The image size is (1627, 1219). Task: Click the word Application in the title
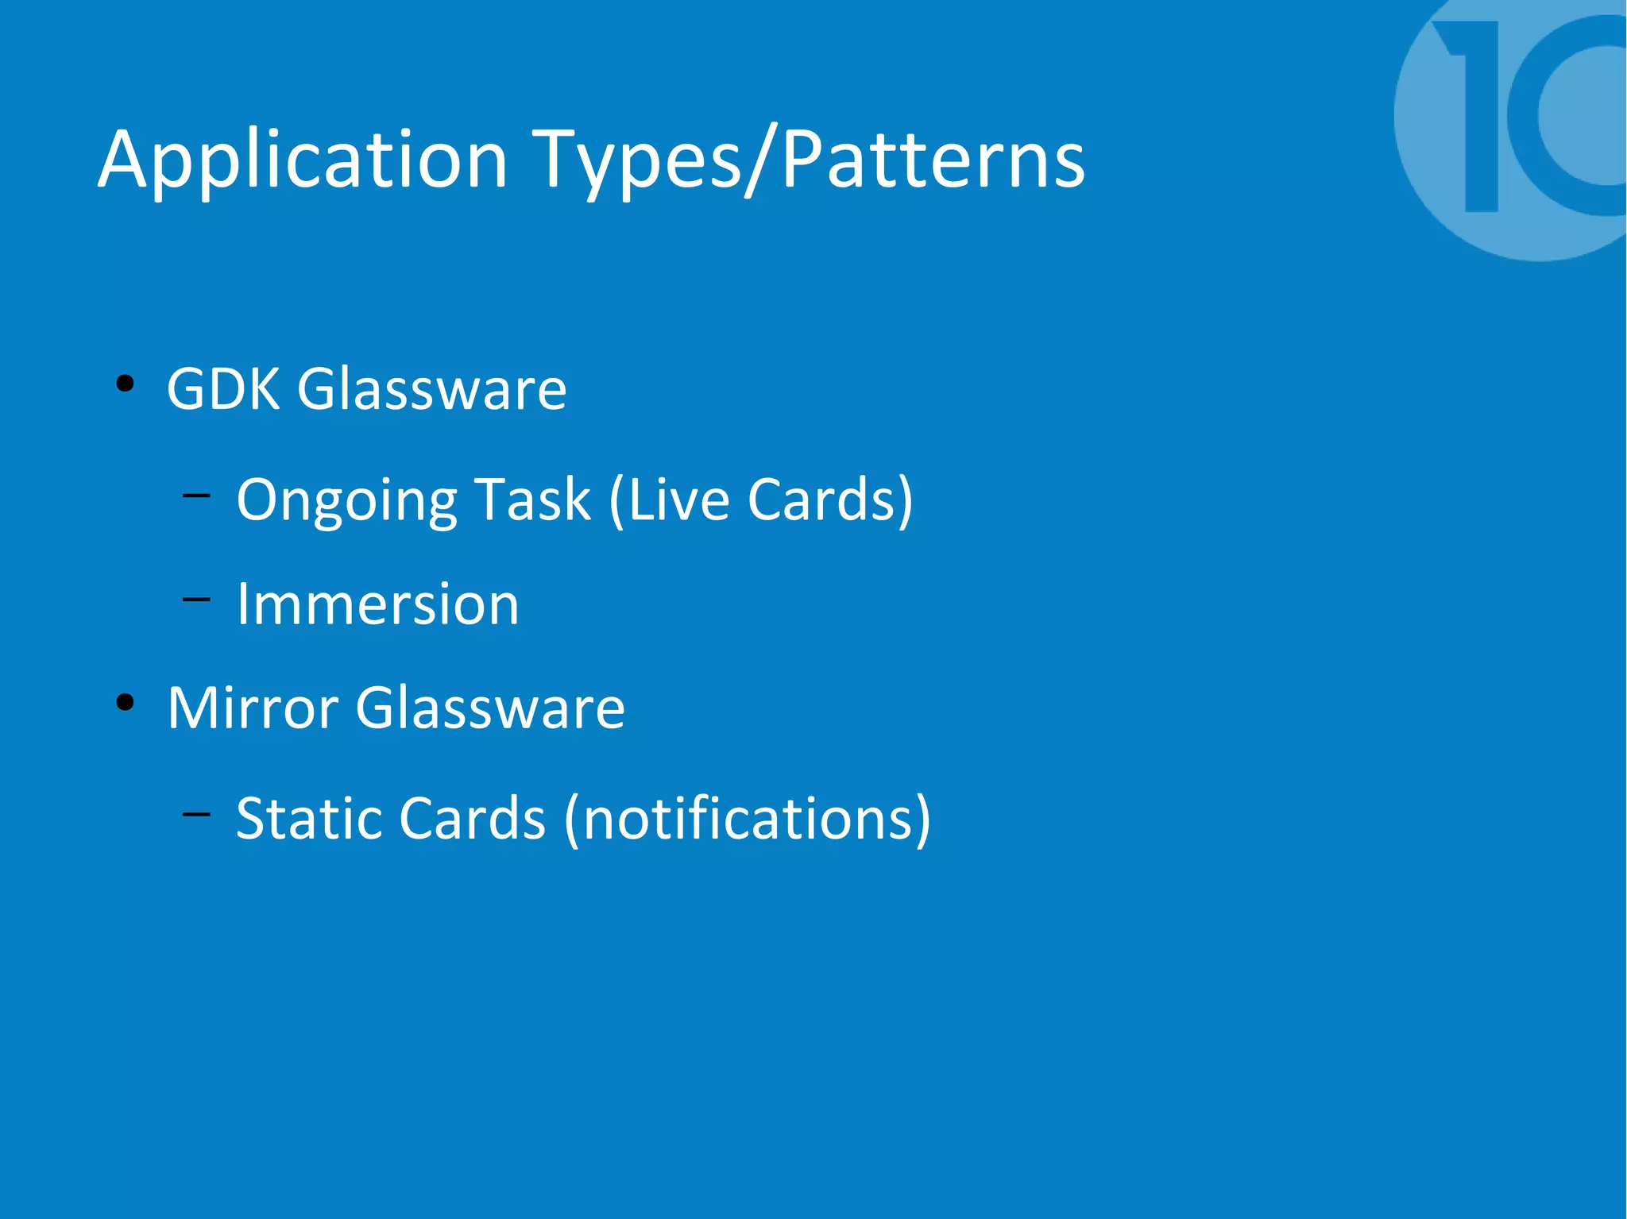pos(302,161)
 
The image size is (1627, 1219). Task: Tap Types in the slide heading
pos(636,161)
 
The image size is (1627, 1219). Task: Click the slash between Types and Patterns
pos(760,161)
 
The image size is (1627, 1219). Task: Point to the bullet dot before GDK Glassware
pos(125,385)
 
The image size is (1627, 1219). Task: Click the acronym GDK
pos(223,389)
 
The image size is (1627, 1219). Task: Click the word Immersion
pos(377,604)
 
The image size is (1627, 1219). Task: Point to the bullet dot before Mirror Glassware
pos(125,703)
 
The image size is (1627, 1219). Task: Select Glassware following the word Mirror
pos(489,708)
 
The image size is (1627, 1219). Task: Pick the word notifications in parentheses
pos(747,818)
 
